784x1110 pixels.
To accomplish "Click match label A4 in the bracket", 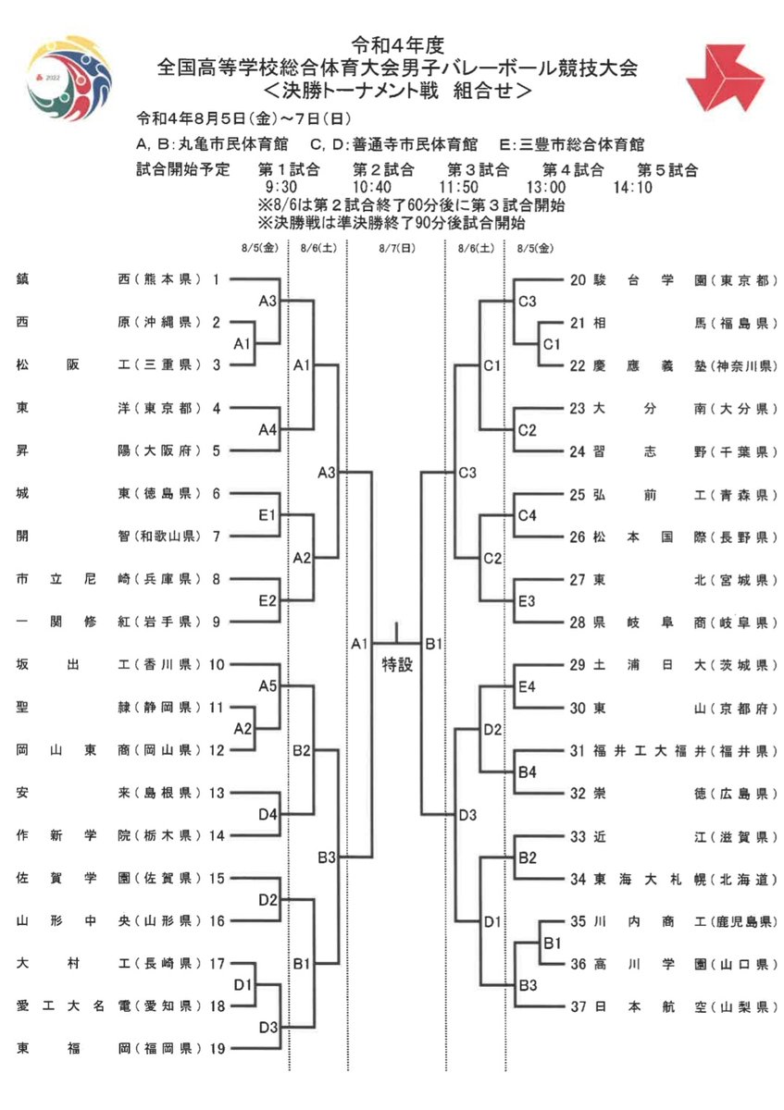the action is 268,429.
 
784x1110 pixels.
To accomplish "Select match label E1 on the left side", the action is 268,515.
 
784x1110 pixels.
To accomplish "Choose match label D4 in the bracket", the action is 268,814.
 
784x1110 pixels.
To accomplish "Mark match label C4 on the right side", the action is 527,515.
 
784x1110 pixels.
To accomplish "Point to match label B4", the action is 527,771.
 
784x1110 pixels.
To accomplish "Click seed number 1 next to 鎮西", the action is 216,279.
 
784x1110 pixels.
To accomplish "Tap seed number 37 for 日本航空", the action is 579,1005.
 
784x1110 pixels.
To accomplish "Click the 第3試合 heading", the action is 479,169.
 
